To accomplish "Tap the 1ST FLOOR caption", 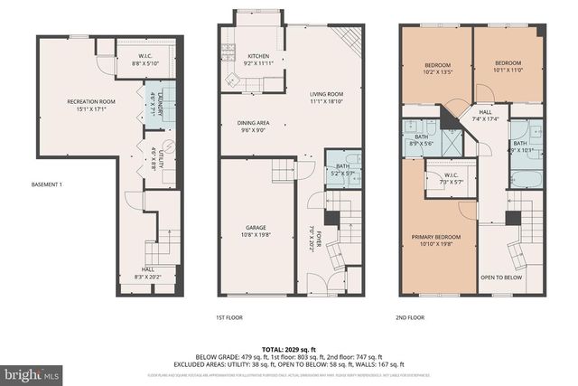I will point(229,317).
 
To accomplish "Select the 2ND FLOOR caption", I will point(410,317).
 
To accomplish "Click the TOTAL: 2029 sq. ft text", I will point(289,348).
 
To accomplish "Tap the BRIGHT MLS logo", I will point(31,372).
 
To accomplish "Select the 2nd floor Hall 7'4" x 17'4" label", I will point(486,117).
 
